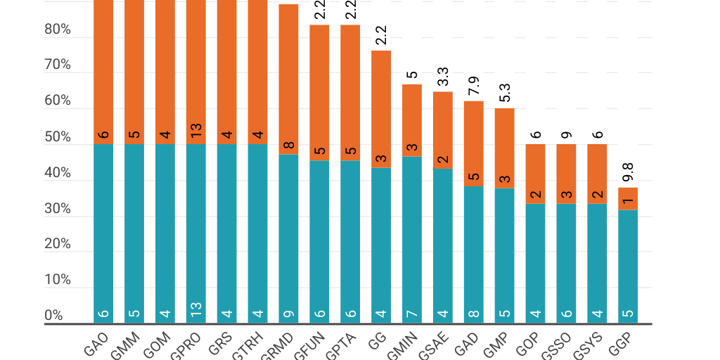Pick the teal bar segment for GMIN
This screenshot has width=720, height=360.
(x=412, y=239)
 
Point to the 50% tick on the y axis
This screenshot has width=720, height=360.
(x=58, y=137)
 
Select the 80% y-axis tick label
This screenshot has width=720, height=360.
(x=58, y=30)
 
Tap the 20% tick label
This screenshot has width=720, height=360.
(x=58, y=244)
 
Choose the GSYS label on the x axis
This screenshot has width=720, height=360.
(x=586, y=345)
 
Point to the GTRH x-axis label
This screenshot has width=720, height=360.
(x=249, y=346)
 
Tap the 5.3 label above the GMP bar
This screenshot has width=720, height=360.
(x=505, y=93)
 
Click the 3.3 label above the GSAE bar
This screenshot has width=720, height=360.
(x=443, y=77)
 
